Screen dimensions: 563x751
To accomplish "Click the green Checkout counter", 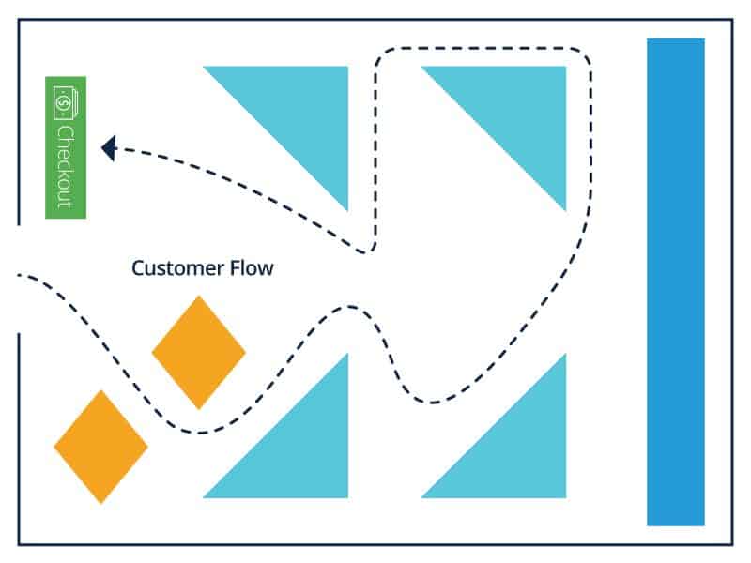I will click(66, 147).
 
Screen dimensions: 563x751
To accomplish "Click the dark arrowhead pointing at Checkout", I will click(108, 147).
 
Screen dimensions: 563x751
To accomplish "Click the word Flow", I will click(252, 268).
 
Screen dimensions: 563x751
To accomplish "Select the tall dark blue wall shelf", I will click(675, 281).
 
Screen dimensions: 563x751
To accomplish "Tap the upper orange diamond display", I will click(198, 352).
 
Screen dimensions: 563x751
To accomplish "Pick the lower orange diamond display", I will click(100, 447).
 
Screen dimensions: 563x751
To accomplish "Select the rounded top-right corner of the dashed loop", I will click(582, 56).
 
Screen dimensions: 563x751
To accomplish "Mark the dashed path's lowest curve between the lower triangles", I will click(432, 403).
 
